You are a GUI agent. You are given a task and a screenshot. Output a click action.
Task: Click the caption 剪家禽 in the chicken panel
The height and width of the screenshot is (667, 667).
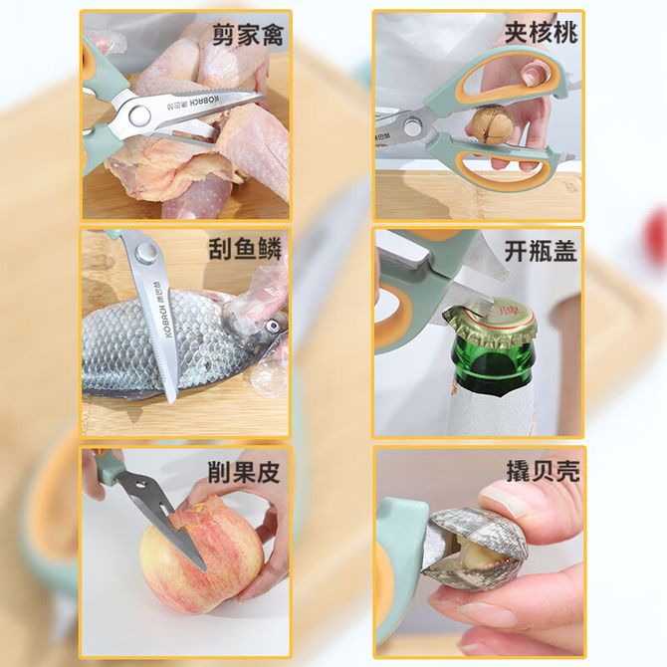click(x=248, y=35)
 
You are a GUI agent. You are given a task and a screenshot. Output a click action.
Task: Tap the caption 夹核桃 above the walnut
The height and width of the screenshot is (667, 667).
click(x=542, y=32)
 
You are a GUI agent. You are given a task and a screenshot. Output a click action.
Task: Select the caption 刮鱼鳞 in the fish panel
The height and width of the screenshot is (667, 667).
click(x=245, y=249)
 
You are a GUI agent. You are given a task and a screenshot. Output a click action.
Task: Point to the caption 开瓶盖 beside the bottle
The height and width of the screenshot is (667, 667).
click(x=541, y=251)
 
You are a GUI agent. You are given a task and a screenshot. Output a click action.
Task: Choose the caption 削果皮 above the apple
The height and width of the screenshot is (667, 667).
click(x=244, y=471)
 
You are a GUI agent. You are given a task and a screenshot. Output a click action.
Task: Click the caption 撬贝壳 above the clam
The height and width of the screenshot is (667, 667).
click(x=543, y=471)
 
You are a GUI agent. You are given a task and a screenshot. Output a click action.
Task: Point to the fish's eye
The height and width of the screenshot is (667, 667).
click(x=272, y=327)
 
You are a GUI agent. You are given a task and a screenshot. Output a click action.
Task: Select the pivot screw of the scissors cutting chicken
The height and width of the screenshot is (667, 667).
click(x=139, y=115)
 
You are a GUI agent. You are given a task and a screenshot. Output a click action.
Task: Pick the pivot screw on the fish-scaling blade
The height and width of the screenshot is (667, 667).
click(x=144, y=252)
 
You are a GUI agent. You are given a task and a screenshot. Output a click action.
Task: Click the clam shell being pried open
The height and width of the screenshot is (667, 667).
click(x=476, y=549)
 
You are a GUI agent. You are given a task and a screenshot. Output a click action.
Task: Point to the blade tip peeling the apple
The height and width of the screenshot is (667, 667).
click(x=203, y=567)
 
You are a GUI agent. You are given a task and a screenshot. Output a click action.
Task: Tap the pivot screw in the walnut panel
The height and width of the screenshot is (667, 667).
click(x=412, y=127)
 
